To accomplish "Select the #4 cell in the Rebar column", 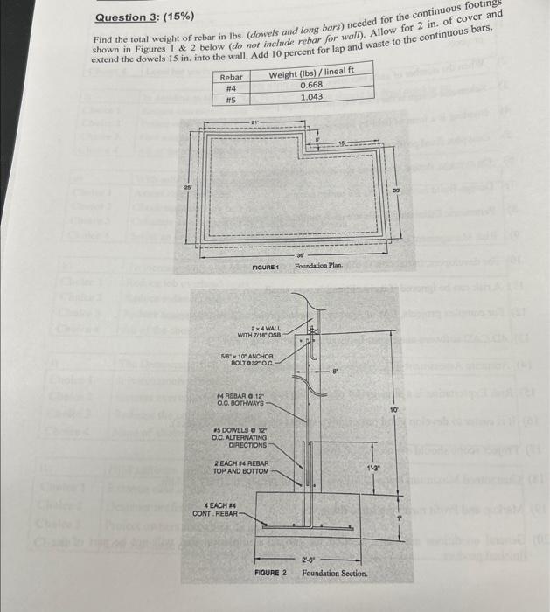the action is [x=232, y=87].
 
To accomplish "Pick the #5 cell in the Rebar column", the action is [x=232, y=98].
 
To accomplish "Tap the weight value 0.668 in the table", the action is [x=311, y=86].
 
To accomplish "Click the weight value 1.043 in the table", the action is [x=311, y=96].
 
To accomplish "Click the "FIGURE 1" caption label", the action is [x=264, y=265].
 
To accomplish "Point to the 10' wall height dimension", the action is [x=393, y=408].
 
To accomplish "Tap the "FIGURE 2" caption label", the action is [x=271, y=572].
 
